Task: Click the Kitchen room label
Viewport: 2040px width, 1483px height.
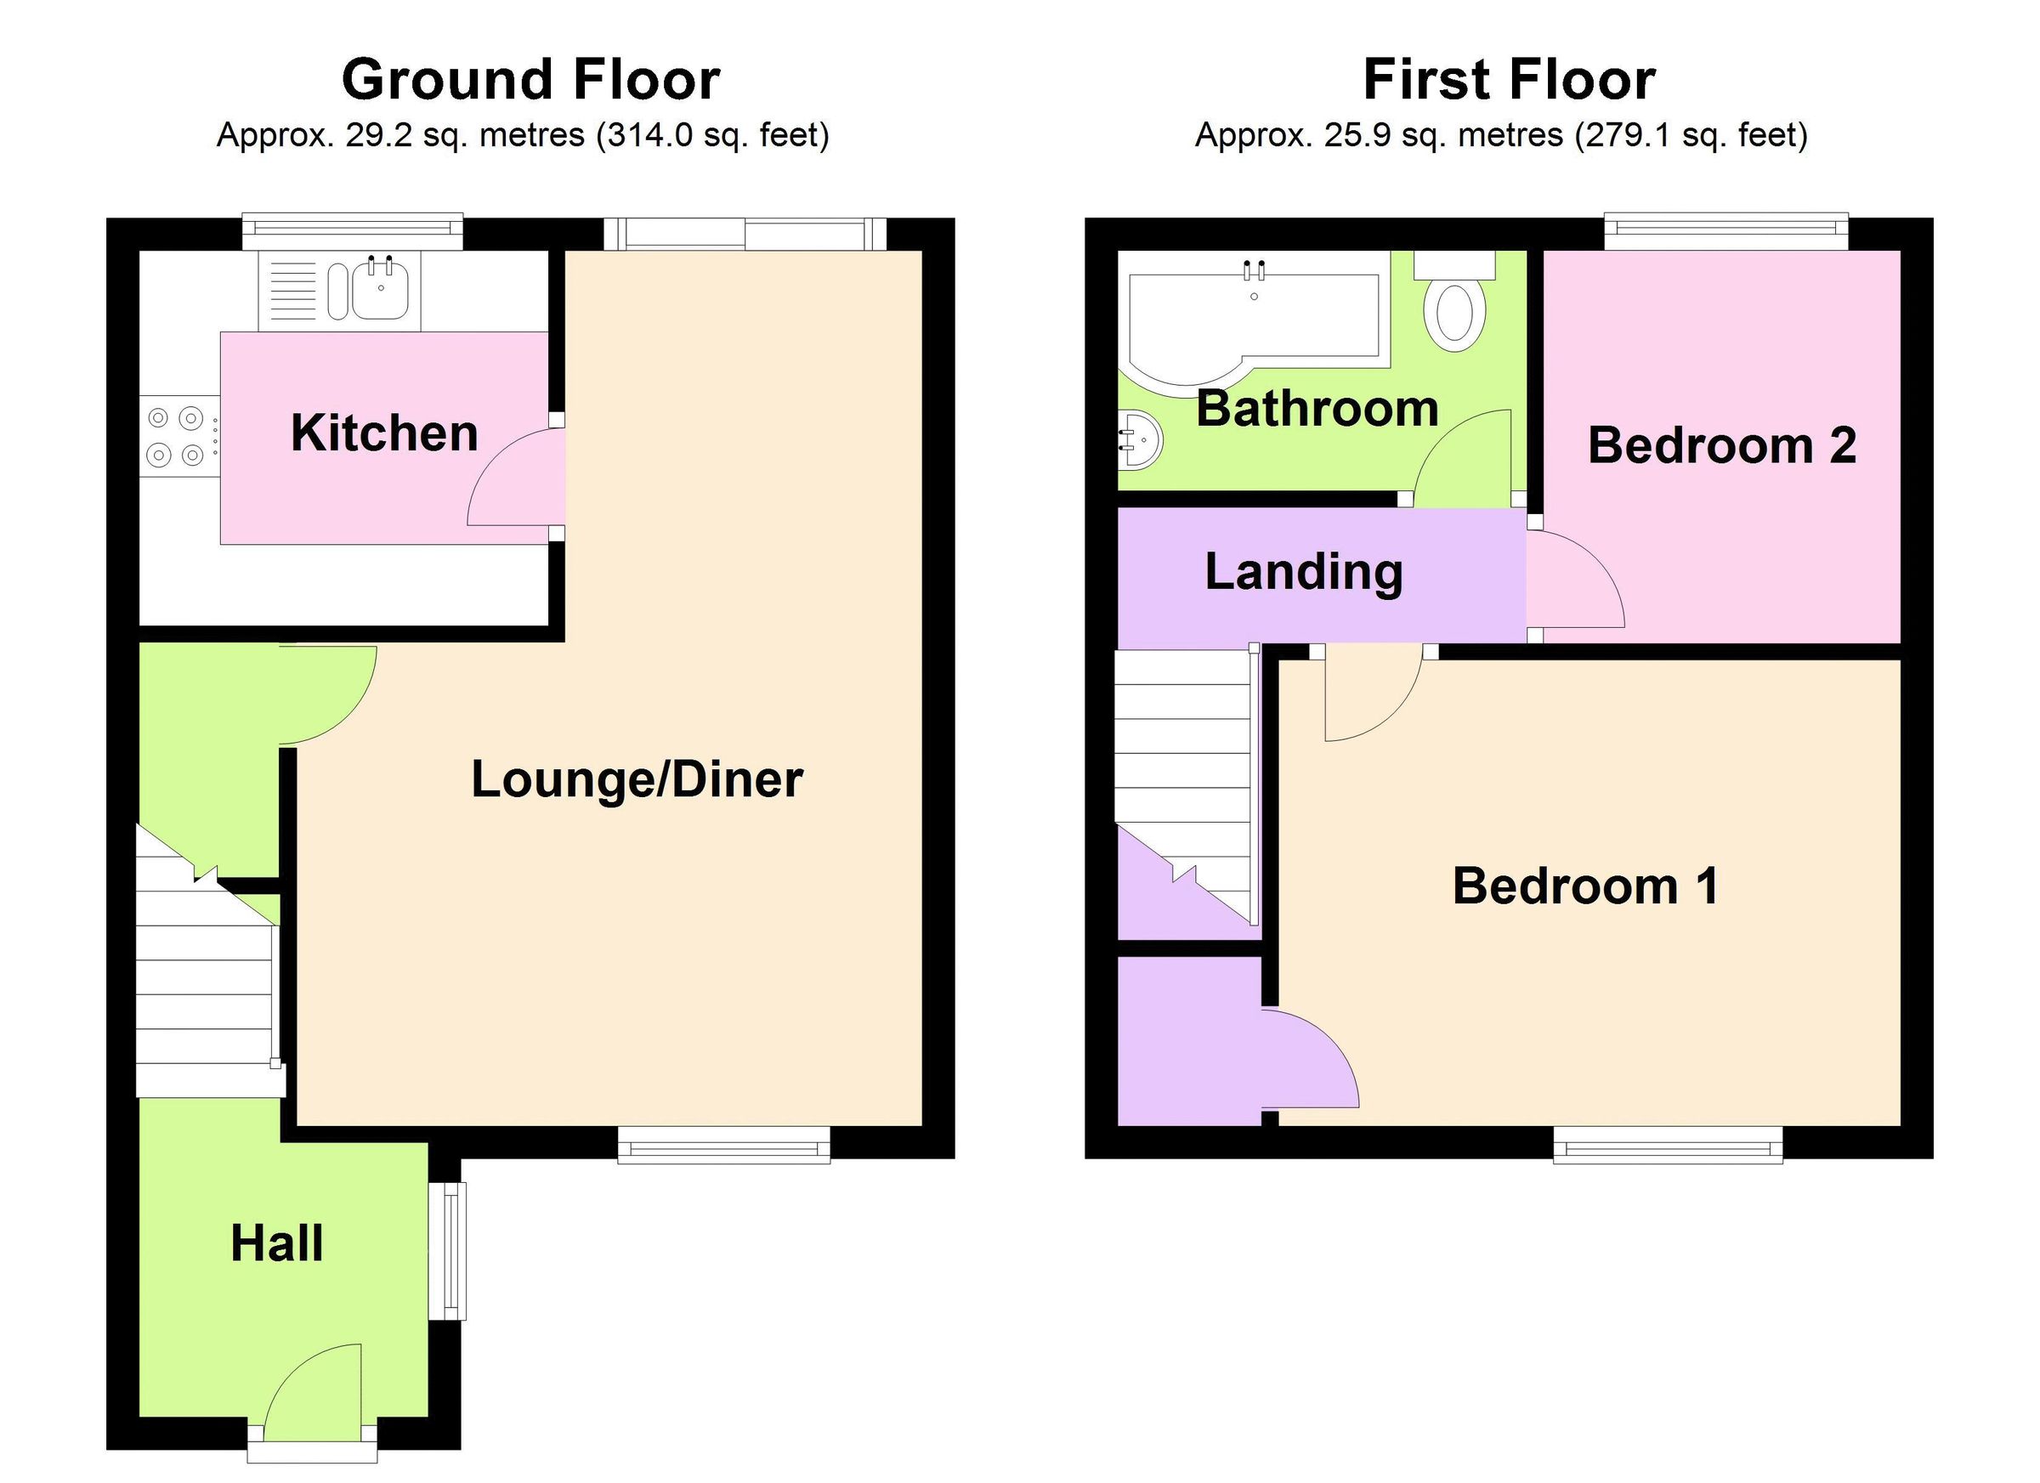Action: [384, 433]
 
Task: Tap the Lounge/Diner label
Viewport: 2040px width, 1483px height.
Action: [637, 778]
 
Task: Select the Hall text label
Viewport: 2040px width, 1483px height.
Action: [276, 1244]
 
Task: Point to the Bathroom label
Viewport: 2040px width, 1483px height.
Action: [1317, 408]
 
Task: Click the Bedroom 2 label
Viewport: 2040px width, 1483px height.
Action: [1721, 445]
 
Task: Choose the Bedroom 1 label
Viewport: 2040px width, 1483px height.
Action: [1586, 886]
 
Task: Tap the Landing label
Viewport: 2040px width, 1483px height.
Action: [1303, 572]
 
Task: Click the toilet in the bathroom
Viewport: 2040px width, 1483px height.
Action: [1454, 309]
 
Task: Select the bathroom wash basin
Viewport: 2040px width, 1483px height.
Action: [1140, 439]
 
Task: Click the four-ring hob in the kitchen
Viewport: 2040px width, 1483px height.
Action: [177, 436]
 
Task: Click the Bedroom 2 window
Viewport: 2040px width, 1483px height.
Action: [1725, 233]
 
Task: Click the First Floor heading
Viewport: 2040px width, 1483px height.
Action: [1509, 79]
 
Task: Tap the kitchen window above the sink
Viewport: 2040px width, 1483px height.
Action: [353, 232]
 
